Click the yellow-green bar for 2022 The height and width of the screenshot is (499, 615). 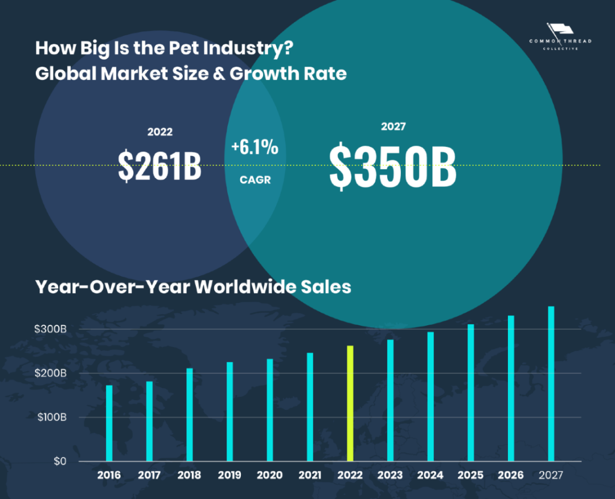click(x=350, y=403)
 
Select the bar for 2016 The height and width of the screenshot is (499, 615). click(x=109, y=423)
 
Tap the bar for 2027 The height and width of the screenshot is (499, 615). click(x=551, y=383)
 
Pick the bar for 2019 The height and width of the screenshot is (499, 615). click(x=229, y=411)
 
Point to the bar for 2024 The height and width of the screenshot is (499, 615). click(x=430, y=396)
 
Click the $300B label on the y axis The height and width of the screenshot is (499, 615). click(x=50, y=329)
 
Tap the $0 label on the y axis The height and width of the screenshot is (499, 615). click(x=60, y=461)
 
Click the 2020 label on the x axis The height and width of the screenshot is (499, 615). click(x=269, y=475)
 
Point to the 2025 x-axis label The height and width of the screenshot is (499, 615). click(x=470, y=475)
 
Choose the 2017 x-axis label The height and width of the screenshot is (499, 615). click(x=149, y=475)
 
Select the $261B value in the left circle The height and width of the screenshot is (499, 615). click(x=160, y=165)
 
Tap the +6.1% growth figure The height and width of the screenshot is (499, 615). click(x=255, y=148)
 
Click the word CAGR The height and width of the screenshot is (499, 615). click(x=255, y=180)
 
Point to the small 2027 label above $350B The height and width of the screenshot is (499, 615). click(x=393, y=126)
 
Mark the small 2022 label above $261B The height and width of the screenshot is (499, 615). click(x=160, y=132)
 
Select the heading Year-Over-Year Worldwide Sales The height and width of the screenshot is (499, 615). click(x=193, y=287)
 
